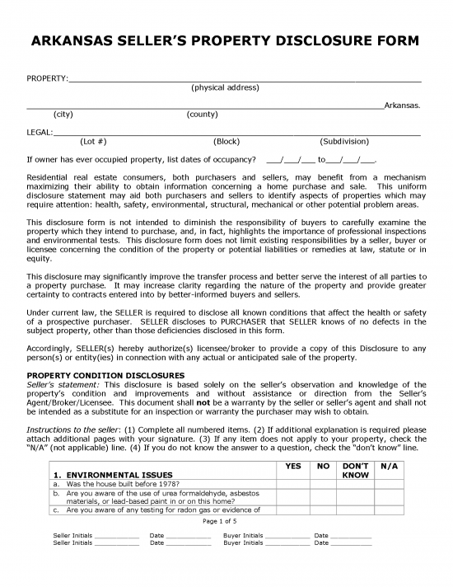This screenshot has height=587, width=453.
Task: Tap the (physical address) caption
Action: click(x=225, y=87)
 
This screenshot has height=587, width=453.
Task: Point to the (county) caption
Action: click(x=203, y=114)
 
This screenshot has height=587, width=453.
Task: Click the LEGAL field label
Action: click(x=39, y=132)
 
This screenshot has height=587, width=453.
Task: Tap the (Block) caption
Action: click(x=226, y=141)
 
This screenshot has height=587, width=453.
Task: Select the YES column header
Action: click(x=292, y=466)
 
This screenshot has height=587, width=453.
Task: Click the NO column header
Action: click(x=323, y=466)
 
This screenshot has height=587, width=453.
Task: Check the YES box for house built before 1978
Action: click(x=292, y=484)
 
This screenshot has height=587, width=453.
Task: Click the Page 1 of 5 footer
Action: click(x=225, y=522)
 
